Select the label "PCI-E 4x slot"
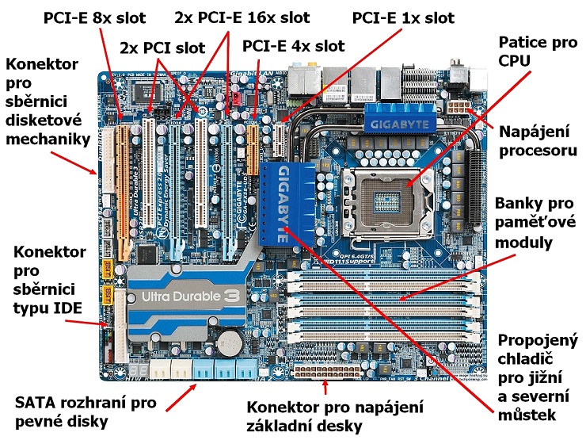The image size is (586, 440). [x=294, y=46]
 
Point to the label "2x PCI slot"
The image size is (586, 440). [x=162, y=48]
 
